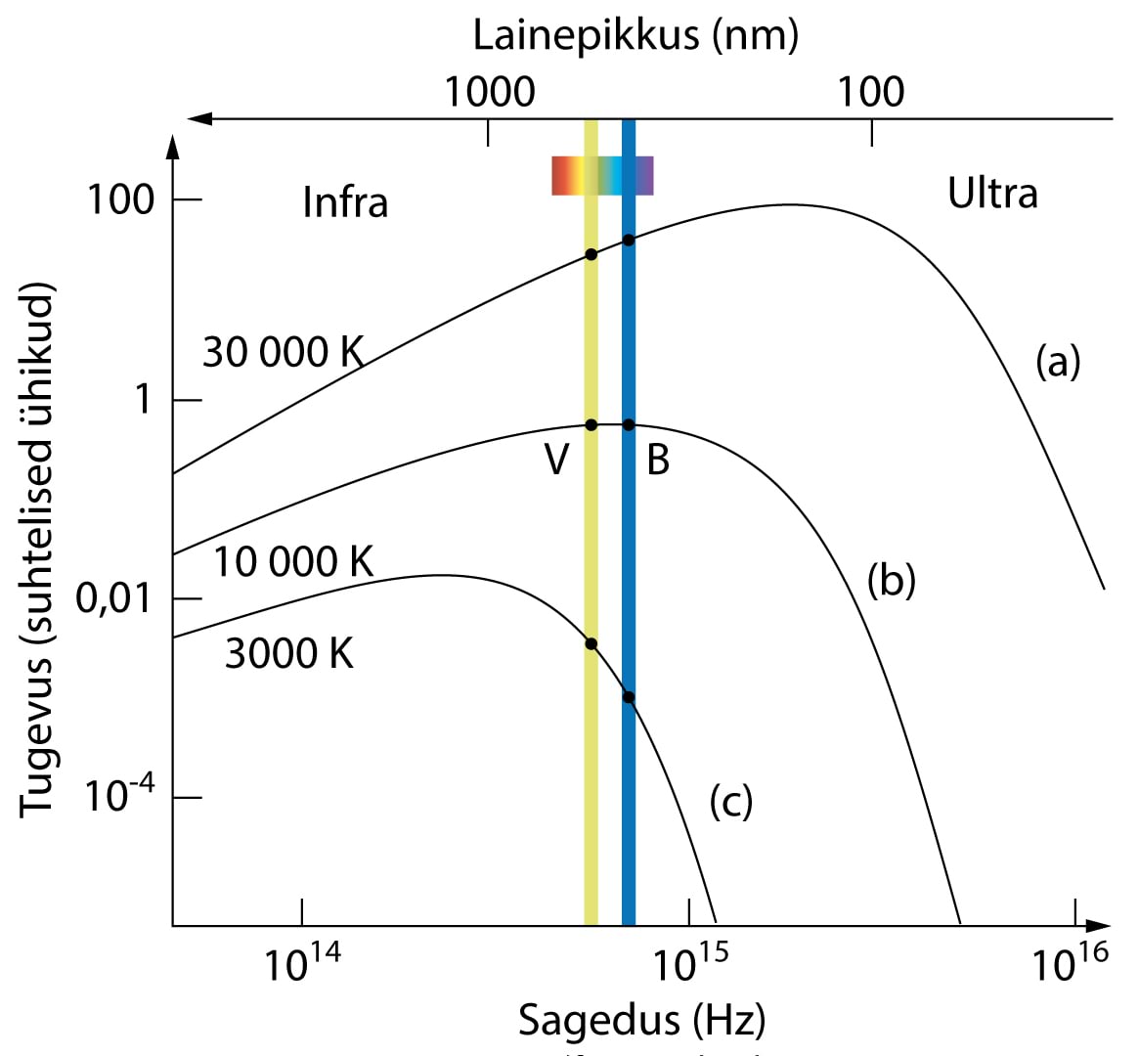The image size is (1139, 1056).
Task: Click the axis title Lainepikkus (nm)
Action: click(x=635, y=35)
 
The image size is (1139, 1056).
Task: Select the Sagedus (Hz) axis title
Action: click(x=641, y=1019)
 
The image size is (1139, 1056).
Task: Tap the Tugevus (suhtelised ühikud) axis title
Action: click(x=37, y=550)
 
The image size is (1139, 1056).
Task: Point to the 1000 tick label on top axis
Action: click(x=490, y=92)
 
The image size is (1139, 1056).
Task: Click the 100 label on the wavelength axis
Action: click(x=870, y=92)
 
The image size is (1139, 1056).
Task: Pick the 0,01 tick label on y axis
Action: click(x=114, y=599)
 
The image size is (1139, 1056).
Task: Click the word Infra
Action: click(x=345, y=202)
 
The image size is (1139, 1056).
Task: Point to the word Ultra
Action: click(x=992, y=193)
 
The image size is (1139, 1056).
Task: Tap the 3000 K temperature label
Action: click(x=289, y=653)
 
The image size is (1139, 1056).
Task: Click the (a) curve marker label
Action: click(x=1058, y=363)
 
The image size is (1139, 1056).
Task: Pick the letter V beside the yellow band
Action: click(x=556, y=459)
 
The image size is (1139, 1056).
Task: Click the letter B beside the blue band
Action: click(x=658, y=459)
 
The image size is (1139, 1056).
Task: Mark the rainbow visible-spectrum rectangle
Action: click(x=602, y=175)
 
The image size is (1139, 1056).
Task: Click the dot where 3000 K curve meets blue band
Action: click(x=629, y=697)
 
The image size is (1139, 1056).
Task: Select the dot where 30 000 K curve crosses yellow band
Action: click(x=591, y=254)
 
